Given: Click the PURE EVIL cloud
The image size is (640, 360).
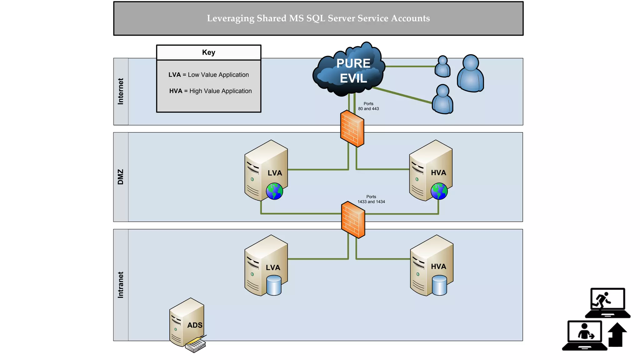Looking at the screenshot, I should (349, 70).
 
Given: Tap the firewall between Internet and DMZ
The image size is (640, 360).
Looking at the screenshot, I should (352, 128).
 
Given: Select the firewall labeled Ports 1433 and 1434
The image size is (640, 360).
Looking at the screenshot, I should (353, 220).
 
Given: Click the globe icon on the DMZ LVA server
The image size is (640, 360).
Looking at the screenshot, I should (274, 191).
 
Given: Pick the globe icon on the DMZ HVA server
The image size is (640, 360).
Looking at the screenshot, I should (439, 191).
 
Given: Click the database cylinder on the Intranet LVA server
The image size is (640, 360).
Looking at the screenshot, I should (274, 285).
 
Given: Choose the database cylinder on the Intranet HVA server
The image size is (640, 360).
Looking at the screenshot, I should (439, 285).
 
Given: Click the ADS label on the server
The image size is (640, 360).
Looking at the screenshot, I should (195, 325).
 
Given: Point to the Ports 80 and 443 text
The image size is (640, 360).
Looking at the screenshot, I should (368, 106).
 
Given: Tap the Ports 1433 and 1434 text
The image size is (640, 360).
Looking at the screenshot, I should (371, 199).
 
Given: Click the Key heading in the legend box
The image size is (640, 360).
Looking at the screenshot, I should (208, 52).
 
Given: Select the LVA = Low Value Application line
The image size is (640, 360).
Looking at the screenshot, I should (208, 75).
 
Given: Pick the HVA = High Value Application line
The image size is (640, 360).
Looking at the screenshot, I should (210, 91).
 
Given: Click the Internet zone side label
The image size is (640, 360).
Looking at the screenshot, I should (121, 91).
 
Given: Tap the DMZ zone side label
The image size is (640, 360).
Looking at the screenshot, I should (121, 177).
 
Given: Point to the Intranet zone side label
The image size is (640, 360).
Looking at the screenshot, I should (121, 285).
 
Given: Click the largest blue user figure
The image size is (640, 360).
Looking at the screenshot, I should (470, 74).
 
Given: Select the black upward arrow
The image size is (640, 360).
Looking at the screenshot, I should (617, 335).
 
